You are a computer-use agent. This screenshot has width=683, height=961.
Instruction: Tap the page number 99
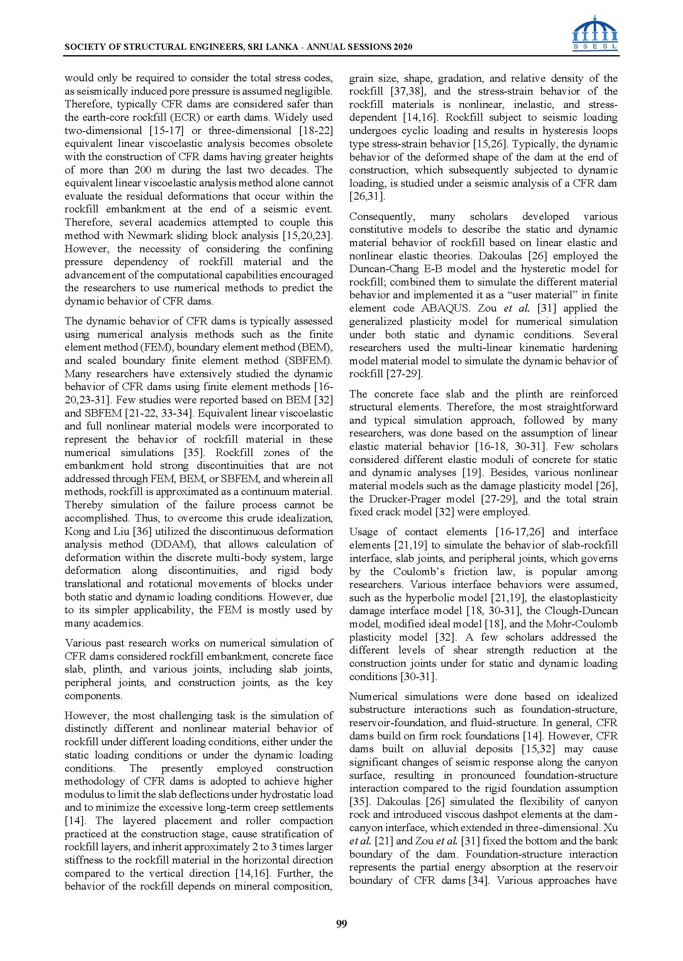coord(341,924)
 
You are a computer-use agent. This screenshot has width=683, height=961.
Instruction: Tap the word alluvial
coord(447,749)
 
